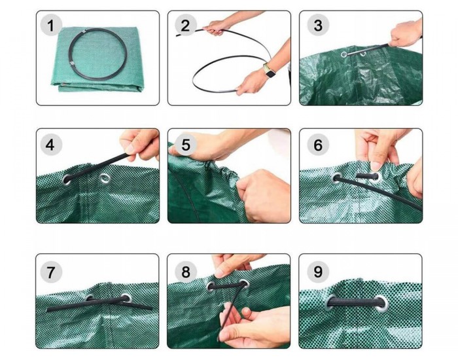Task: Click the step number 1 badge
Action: [x=51, y=26]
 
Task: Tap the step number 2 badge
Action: [x=185, y=26]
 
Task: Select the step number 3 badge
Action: [x=318, y=26]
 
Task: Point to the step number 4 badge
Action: [x=51, y=145]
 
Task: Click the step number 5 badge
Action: [x=185, y=145]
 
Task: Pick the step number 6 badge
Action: [x=318, y=145]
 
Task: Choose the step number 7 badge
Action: [x=51, y=272]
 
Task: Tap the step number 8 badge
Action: [x=185, y=272]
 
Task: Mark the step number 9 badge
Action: [x=318, y=272]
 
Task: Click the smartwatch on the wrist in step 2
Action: [x=270, y=73]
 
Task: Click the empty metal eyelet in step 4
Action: [x=105, y=178]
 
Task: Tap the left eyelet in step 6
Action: [x=337, y=178]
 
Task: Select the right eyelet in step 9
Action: [x=381, y=304]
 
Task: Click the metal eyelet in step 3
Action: [x=344, y=54]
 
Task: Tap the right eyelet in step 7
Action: [x=126, y=298]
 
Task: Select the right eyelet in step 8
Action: [x=243, y=283]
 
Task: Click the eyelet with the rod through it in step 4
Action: [x=67, y=180]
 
